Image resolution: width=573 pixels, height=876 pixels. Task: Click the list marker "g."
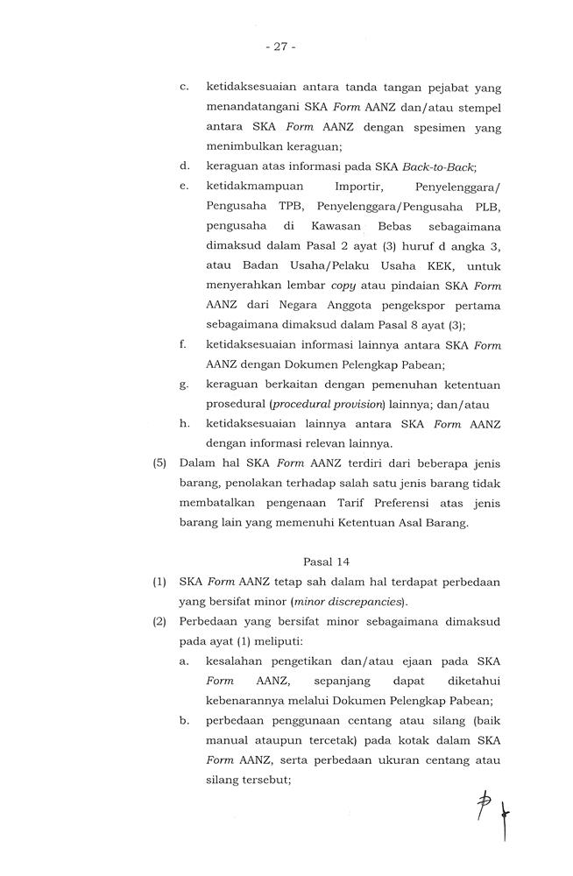pyautogui.click(x=184, y=385)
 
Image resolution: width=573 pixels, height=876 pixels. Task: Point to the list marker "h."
pyautogui.click(x=184, y=423)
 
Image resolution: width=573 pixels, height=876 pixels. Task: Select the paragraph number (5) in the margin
pyautogui.click(x=160, y=463)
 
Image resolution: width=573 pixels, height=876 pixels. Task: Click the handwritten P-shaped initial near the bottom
pyautogui.click(x=483, y=803)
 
